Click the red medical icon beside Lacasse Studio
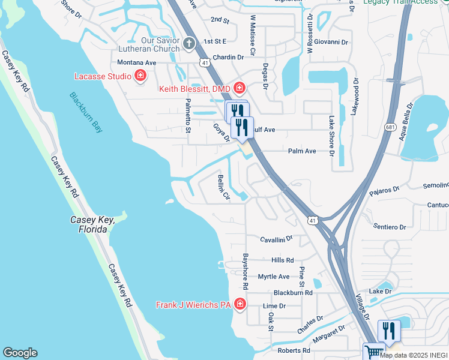140,76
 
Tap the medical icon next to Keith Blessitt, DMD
239,88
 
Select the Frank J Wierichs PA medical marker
240,305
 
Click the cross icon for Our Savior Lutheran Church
189,43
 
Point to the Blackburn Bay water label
86,112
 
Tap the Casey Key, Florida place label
92,224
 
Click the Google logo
20,353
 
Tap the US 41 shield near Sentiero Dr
313,221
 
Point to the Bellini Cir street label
222,188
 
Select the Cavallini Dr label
276,238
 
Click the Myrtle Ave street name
273,277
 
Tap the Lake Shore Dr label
331,136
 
